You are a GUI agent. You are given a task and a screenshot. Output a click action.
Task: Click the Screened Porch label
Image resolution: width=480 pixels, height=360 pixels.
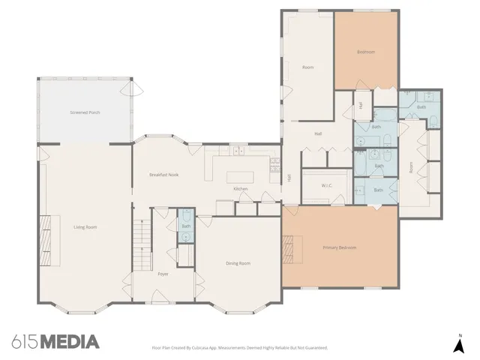(85, 112)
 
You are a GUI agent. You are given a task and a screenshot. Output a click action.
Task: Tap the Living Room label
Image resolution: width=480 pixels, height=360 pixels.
(85, 226)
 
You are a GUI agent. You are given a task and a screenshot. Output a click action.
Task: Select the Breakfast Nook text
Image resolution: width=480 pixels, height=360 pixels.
(163, 175)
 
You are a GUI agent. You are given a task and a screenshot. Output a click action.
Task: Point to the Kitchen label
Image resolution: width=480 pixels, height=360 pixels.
(240, 188)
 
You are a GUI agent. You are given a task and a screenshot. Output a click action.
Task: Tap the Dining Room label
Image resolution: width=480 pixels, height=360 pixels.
(238, 263)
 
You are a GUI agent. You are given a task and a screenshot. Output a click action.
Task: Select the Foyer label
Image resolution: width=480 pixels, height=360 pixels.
(163, 274)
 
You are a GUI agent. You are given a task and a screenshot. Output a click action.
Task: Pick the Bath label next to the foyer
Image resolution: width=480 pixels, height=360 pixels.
(185, 226)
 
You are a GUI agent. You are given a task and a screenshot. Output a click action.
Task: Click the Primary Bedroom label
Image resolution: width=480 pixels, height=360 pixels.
(339, 247)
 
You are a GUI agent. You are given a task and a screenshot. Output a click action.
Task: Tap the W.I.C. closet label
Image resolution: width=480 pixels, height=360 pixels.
(326, 186)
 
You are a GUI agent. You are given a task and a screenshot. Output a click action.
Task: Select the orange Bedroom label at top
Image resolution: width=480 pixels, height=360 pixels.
(365, 52)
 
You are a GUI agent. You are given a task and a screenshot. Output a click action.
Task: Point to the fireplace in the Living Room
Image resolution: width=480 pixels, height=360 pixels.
(45, 234)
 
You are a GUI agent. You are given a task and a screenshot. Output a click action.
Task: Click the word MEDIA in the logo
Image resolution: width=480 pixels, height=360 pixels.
(69, 342)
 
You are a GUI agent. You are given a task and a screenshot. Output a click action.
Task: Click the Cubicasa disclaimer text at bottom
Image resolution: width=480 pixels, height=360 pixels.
(240, 348)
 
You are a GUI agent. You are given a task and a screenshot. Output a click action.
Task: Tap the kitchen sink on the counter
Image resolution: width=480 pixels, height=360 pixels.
(238, 152)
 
